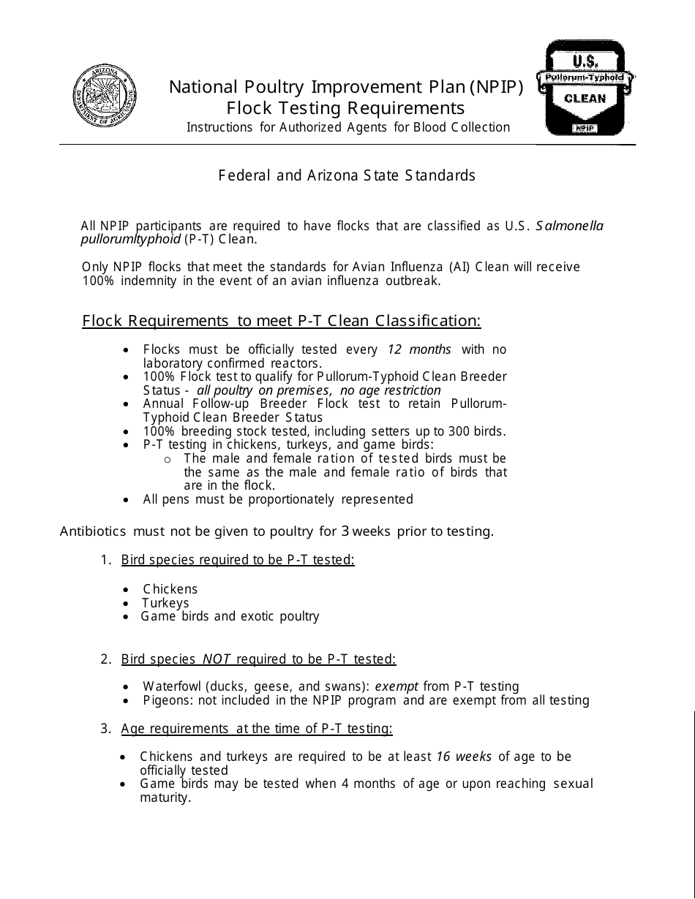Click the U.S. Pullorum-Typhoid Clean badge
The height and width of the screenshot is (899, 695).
coord(585,88)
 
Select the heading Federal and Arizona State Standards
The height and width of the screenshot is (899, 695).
coord(347,175)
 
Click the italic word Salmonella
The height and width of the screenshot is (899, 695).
coord(569,226)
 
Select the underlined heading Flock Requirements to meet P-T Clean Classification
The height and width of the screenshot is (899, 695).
coord(282,321)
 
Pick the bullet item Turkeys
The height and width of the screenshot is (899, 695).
coord(165,603)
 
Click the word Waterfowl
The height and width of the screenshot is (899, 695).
coord(173,686)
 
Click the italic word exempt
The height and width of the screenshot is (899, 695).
coord(397,686)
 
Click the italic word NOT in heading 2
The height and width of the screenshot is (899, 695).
coord(217,659)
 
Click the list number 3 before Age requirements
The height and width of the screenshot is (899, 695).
coord(105,729)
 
